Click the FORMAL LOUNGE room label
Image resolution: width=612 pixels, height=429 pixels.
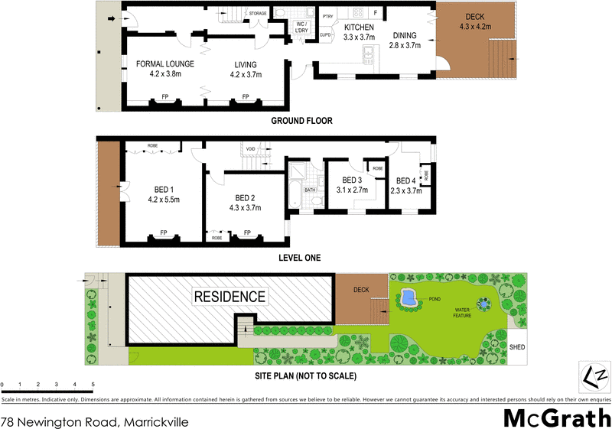164,63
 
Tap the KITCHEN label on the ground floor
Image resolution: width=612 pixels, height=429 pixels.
358,28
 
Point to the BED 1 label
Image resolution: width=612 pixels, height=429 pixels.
164,190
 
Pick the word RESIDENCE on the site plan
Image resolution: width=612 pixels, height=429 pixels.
229,296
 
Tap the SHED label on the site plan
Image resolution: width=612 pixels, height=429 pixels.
518,346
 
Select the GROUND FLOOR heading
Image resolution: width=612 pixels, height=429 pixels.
301,121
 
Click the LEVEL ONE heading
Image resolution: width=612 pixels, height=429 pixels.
301,258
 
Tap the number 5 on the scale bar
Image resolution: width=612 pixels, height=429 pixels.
93,384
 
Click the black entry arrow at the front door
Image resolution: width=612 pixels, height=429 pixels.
112,19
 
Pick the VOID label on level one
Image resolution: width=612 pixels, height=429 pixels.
250,148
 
